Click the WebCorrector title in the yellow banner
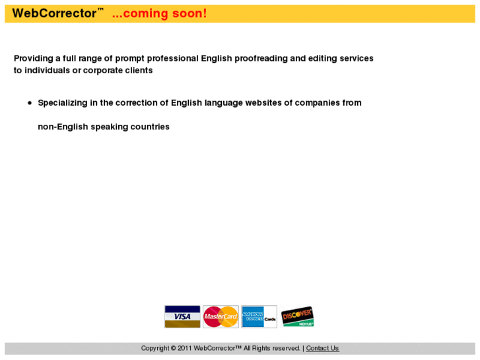(55, 13)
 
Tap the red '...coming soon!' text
(159, 13)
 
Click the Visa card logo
(182, 316)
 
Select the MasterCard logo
(221, 316)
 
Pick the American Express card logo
(259, 316)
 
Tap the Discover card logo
(297, 316)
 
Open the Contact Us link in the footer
(322, 348)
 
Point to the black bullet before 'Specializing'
(30, 103)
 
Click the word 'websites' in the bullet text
(263, 103)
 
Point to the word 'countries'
(149, 127)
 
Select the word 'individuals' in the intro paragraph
(48, 70)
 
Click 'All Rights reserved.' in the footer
(272, 348)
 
